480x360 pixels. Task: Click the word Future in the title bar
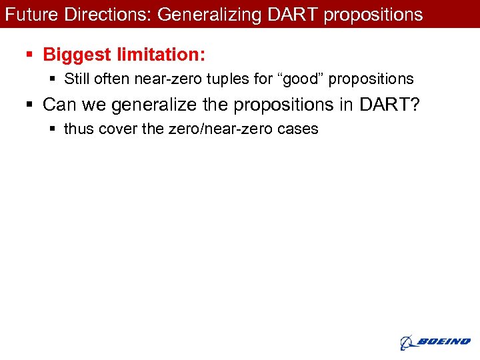pos(25,14)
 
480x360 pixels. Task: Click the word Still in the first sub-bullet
pos(78,79)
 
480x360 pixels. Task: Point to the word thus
pos(79,129)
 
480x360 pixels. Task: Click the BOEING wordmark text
pos(444,342)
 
